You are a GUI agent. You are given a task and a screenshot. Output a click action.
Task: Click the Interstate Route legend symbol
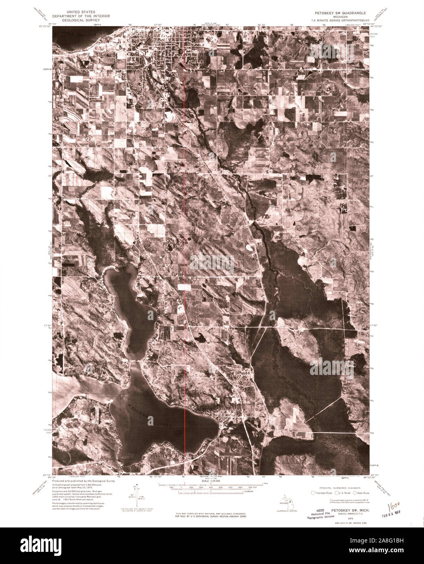[x=314, y=493]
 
